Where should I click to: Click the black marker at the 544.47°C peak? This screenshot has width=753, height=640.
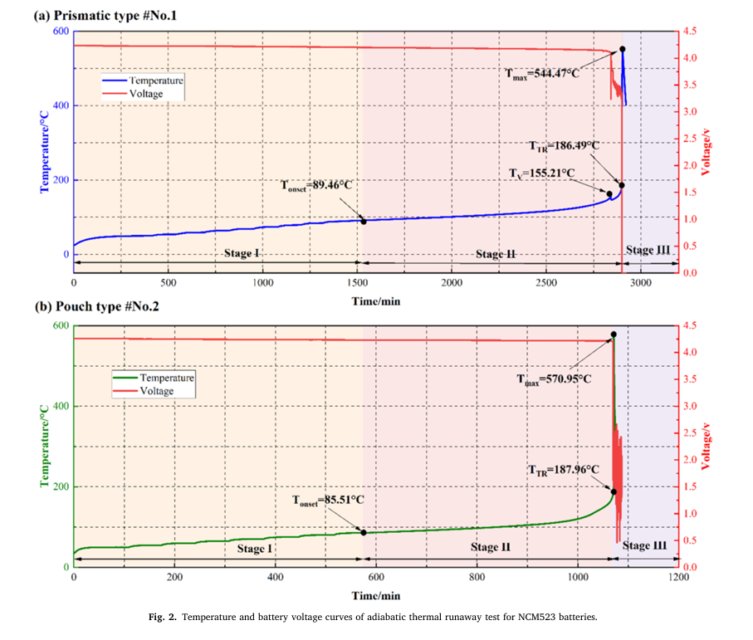(x=623, y=49)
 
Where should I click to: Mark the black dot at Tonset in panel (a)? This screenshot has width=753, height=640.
(x=363, y=221)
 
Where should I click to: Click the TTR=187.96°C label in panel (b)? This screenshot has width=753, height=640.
(x=564, y=469)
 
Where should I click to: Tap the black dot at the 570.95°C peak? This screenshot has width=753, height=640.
(x=614, y=335)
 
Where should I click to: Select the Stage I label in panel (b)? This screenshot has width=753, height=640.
(x=254, y=549)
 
